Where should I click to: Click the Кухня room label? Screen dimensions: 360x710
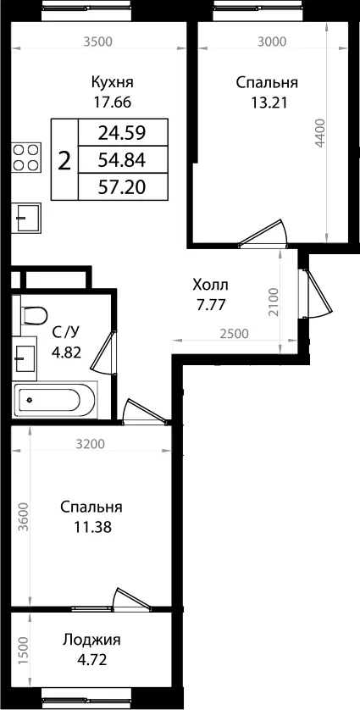(x=112, y=83)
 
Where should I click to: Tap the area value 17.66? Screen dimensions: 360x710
(x=112, y=103)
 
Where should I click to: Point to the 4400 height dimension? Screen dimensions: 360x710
(x=320, y=133)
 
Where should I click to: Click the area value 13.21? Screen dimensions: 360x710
(x=267, y=103)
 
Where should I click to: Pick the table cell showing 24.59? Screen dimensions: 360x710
(x=123, y=132)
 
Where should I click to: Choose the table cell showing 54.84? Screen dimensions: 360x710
(x=123, y=159)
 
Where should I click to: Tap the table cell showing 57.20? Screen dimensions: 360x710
(x=123, y=186)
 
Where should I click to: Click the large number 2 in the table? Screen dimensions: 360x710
(x=65, y=160)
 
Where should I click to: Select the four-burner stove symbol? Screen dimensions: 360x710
(x=25, y=157)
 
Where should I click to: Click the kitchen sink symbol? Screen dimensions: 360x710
(x=25, y=218)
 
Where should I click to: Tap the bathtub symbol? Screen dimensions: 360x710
(x=54, y=400)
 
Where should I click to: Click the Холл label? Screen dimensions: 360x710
(x=211, y=286)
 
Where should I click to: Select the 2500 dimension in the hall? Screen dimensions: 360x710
(x=235, y=334)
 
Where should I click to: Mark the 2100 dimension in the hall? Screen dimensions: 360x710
(x=273, y=302)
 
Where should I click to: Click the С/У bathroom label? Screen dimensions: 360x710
(x=66, y=333)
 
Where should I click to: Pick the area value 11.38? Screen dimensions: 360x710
(x=92, y=528)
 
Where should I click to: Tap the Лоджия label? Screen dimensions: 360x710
(x=92, y=641)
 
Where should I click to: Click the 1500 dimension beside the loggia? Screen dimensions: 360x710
(x=25, y=650)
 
